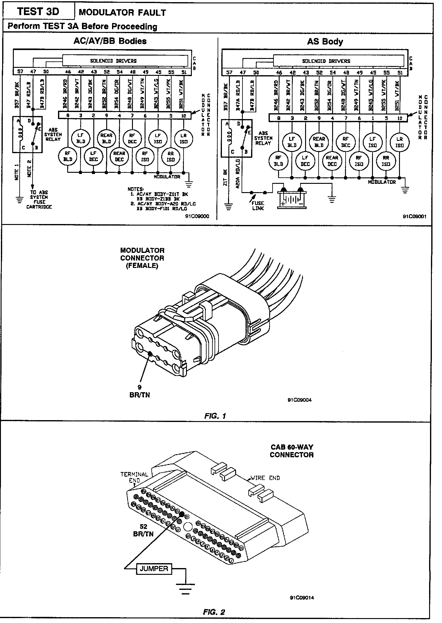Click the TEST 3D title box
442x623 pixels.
point(38,12)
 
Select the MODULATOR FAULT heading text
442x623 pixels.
point(122,13)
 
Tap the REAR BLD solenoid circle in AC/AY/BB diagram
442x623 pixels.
point(107,138)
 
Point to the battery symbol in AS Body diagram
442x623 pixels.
point(292,199)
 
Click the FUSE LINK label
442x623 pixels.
point(258,206)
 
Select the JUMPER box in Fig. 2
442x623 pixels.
point(154,569)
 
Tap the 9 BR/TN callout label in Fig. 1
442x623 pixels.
point(140,392)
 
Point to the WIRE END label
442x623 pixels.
point(265,478)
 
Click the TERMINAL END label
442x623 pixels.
point(134,477)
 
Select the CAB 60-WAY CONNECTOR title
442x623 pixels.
point(292,451)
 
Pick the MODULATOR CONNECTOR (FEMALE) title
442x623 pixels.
point(142,258)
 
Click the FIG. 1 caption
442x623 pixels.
point(215,416)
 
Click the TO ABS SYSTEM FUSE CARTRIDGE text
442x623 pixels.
point(39,199)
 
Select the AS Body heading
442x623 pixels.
point(325,42)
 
